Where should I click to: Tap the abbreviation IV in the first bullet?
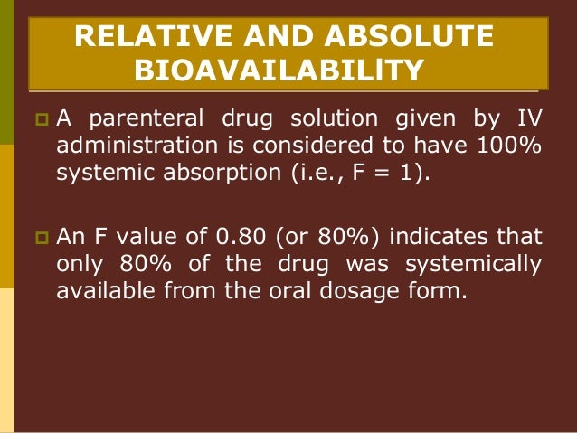(x=530, y=118)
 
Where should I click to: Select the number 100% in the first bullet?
(x=511, y=146)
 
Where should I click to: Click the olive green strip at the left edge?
(x=7, y=72)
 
